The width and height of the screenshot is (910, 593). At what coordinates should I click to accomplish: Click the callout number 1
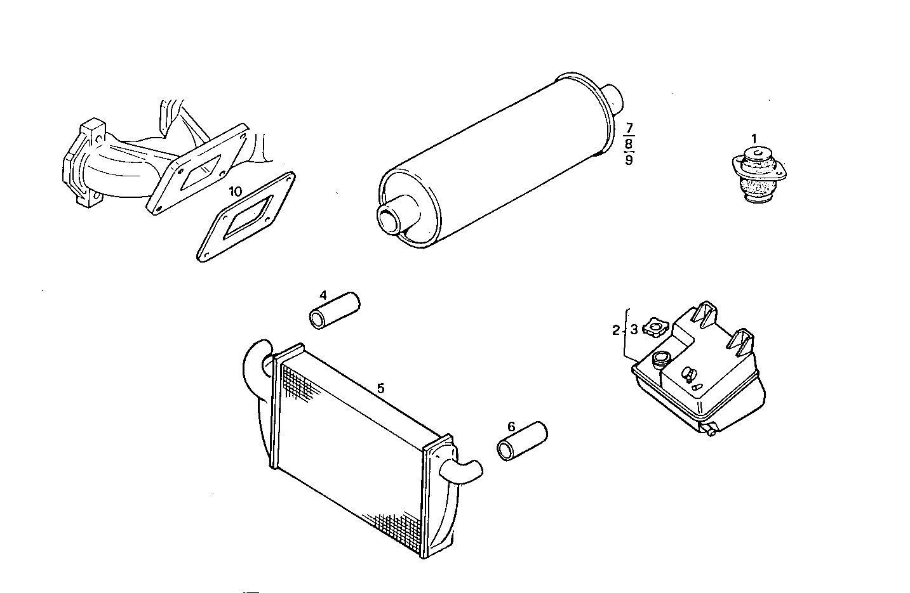coord(754,138)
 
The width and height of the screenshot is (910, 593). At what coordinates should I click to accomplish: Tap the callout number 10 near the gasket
coord(235,191)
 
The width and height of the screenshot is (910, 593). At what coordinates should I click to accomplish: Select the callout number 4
coord(323,296)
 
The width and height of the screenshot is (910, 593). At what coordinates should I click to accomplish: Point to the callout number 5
coord(380,388)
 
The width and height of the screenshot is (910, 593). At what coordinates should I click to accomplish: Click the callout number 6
coord(512,426)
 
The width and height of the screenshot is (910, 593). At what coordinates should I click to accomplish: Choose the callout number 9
coord(629,159)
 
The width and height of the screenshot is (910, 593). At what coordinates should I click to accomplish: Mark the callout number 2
coord(615,330)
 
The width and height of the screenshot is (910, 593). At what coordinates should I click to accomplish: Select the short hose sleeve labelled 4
coord(334,310)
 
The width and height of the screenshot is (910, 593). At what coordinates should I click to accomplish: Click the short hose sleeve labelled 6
coord(521,441)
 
